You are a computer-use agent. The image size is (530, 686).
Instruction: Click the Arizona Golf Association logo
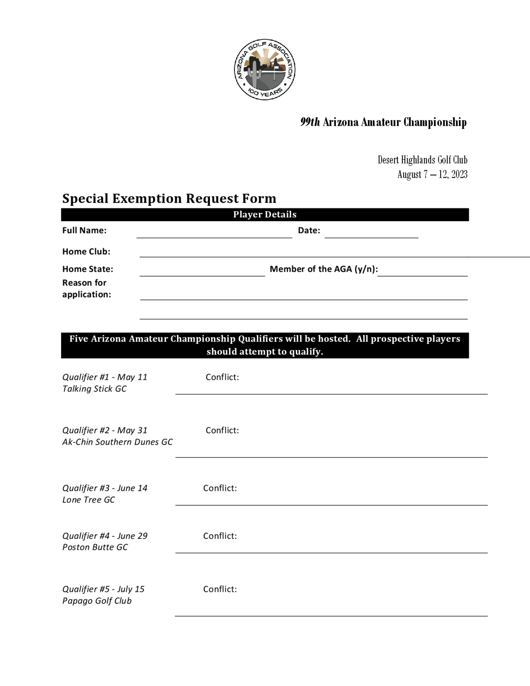tap(264, 69)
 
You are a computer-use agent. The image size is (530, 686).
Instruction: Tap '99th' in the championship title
tap(310, 122)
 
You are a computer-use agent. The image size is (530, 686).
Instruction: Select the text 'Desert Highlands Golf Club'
tap(422, 160)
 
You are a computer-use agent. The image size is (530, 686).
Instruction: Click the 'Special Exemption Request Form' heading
tap(169, 199)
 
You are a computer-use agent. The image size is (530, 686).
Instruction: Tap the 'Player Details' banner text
tap(265, 214)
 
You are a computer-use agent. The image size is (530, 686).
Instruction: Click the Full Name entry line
tap(214, 234)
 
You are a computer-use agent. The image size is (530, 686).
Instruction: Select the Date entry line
tap(372, 234)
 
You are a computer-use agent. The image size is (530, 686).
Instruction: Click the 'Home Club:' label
tap(86, 252)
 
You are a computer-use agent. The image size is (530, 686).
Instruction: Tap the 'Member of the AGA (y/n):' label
tap(323, 269)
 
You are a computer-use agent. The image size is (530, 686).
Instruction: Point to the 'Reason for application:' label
tap(86, 289)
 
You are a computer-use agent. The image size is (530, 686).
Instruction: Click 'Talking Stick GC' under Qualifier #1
tap(94, 389)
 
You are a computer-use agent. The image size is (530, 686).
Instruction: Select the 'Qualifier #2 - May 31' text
tap(105, 430)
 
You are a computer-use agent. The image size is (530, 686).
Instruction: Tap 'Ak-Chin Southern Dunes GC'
tap(117, 442)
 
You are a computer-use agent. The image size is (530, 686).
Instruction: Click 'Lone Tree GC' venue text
tap(89, 500)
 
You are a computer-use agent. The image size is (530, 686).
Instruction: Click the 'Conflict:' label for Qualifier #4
tap(220, 536)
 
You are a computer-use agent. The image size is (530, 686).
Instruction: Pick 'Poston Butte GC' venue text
tap(95, 547)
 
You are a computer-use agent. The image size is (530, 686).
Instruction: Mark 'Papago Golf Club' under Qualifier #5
tap(97, 601)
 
